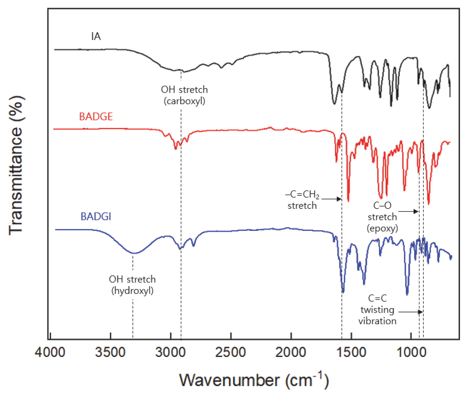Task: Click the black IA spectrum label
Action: [96, 37]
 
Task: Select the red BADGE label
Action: [96, 117]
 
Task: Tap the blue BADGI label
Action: [96, 217]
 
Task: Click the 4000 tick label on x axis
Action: [50, 352]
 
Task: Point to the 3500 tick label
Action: [110, 352]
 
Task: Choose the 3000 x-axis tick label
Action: [170, 352]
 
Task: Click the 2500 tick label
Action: [231, 352]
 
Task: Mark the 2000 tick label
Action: [291, 352]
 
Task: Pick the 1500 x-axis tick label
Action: [351, 352]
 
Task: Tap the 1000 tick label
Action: [411, 352]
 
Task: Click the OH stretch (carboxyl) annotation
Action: [184, 95]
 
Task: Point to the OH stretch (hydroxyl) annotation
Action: [132, 285]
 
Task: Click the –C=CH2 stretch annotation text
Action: [302, 200]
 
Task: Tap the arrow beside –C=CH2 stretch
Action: [332, 199]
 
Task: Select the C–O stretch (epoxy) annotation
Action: [382, 217]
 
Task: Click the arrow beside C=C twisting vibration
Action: [410, 312]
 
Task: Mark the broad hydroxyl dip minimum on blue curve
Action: [133, 253]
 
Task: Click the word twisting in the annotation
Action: [377, 310]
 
